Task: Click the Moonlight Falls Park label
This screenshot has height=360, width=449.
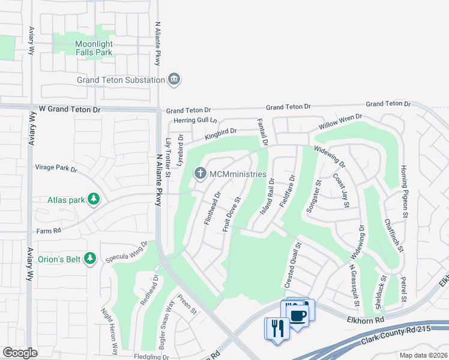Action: click(x=94, y=48)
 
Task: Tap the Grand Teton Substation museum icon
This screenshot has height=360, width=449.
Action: click(x=174, y=79)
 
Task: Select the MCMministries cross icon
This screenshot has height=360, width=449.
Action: click(x=200, y=174)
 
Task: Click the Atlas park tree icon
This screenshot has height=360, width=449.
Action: click(x=94, y=199)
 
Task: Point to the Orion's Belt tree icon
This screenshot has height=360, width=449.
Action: click(x=90, y=258)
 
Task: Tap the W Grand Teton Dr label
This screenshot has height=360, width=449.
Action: click(x=70, y=110)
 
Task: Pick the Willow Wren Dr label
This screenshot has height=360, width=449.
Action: click(x=340, y=122)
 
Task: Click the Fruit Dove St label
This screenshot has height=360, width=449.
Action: click(x=232, y=215)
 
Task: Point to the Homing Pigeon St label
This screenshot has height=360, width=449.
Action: click(x=403, y=191)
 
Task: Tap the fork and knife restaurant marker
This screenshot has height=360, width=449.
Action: click(x=277, y=328)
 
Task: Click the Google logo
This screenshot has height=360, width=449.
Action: click(x=20, y=353)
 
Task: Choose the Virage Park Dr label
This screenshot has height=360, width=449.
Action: click(x=56, y=169)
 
